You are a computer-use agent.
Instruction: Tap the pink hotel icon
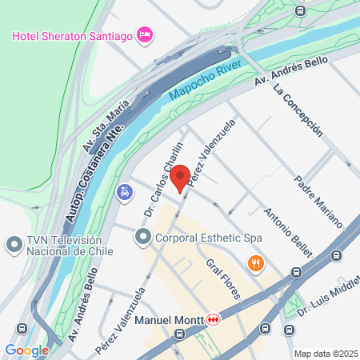click(145, 34)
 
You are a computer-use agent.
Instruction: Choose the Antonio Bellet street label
click(286, 232)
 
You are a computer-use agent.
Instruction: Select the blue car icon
click(124, 192)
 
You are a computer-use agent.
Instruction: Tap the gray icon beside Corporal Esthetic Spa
click(143, 237)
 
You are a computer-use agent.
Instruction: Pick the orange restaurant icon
click(255, 263)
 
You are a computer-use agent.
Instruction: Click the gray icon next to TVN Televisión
click(13, 243)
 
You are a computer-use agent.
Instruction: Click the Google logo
click(26, 350)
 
